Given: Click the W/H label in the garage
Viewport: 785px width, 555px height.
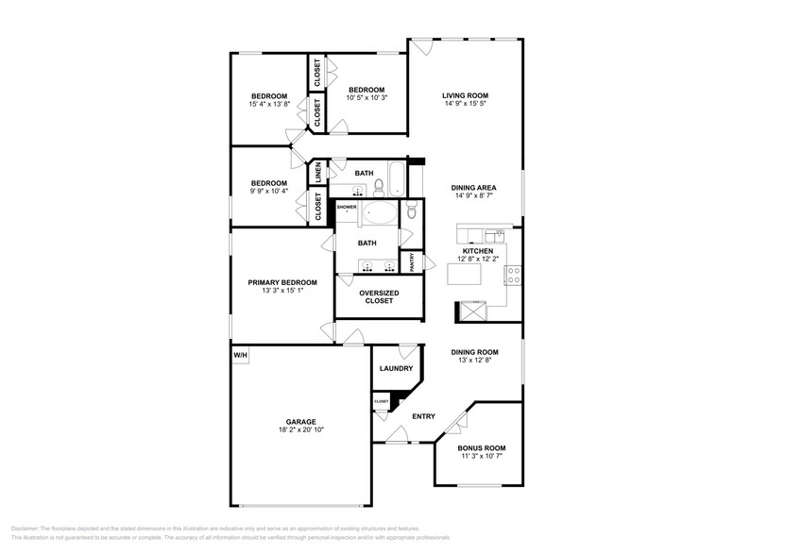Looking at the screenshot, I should click(x=240, y=355).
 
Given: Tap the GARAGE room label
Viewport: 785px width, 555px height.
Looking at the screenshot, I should click(x=301, y=422).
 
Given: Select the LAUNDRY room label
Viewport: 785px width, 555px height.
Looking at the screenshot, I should click(x=396, y=369).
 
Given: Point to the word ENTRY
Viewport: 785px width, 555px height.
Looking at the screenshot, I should click(x=423, y=416).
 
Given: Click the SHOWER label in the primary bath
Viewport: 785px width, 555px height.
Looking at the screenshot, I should click(x=347, y=207).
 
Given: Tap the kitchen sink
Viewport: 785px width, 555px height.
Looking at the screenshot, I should click(x=492, y=233).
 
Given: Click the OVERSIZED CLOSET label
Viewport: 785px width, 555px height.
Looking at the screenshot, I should click(x=378, y=297).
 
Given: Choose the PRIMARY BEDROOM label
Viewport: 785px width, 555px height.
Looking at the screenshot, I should click(x=282, y=282).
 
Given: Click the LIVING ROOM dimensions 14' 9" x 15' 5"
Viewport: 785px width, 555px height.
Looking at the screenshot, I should click(x=465, y=104).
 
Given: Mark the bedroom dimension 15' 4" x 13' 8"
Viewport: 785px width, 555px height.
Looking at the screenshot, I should click(x=268, y=104).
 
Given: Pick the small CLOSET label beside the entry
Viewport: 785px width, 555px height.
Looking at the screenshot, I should click(x=382, y=401).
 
